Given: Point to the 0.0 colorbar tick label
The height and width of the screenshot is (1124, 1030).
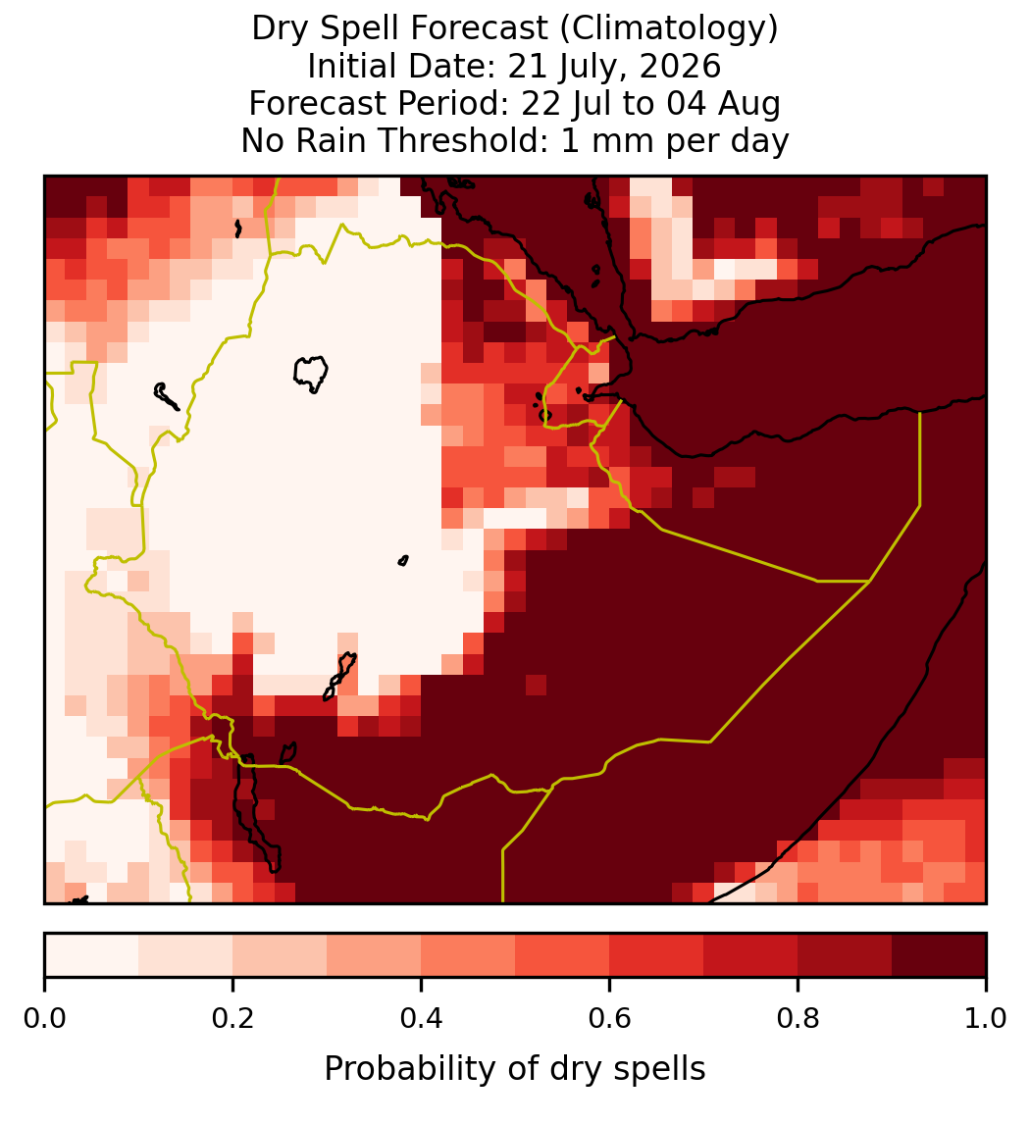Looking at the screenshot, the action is (x=44, y=1018).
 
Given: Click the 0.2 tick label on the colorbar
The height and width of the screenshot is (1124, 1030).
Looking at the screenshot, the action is (x=232, y=1018).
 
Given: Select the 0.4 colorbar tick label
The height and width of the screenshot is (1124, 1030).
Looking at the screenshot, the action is (x=422, y=1018).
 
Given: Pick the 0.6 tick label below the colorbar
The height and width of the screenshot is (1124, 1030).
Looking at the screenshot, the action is (x=610, y=1018).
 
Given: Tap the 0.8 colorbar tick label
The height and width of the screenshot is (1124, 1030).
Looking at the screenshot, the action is (x=798, y=1018).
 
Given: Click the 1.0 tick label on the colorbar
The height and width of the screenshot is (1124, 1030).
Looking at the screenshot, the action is (x=986, y=1018).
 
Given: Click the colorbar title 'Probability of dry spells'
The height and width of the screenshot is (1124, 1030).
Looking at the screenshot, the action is (x=515, y=1069).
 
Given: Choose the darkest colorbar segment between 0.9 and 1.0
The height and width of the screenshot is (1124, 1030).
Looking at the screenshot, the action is (x=939, y=955).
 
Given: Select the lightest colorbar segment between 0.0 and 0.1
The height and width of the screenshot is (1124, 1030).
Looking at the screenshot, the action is (x=92, y=955).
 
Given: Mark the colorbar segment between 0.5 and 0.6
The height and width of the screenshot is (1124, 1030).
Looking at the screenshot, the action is (x=563, y=955).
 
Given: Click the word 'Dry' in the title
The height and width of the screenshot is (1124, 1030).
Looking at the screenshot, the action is (x=281, y=29).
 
